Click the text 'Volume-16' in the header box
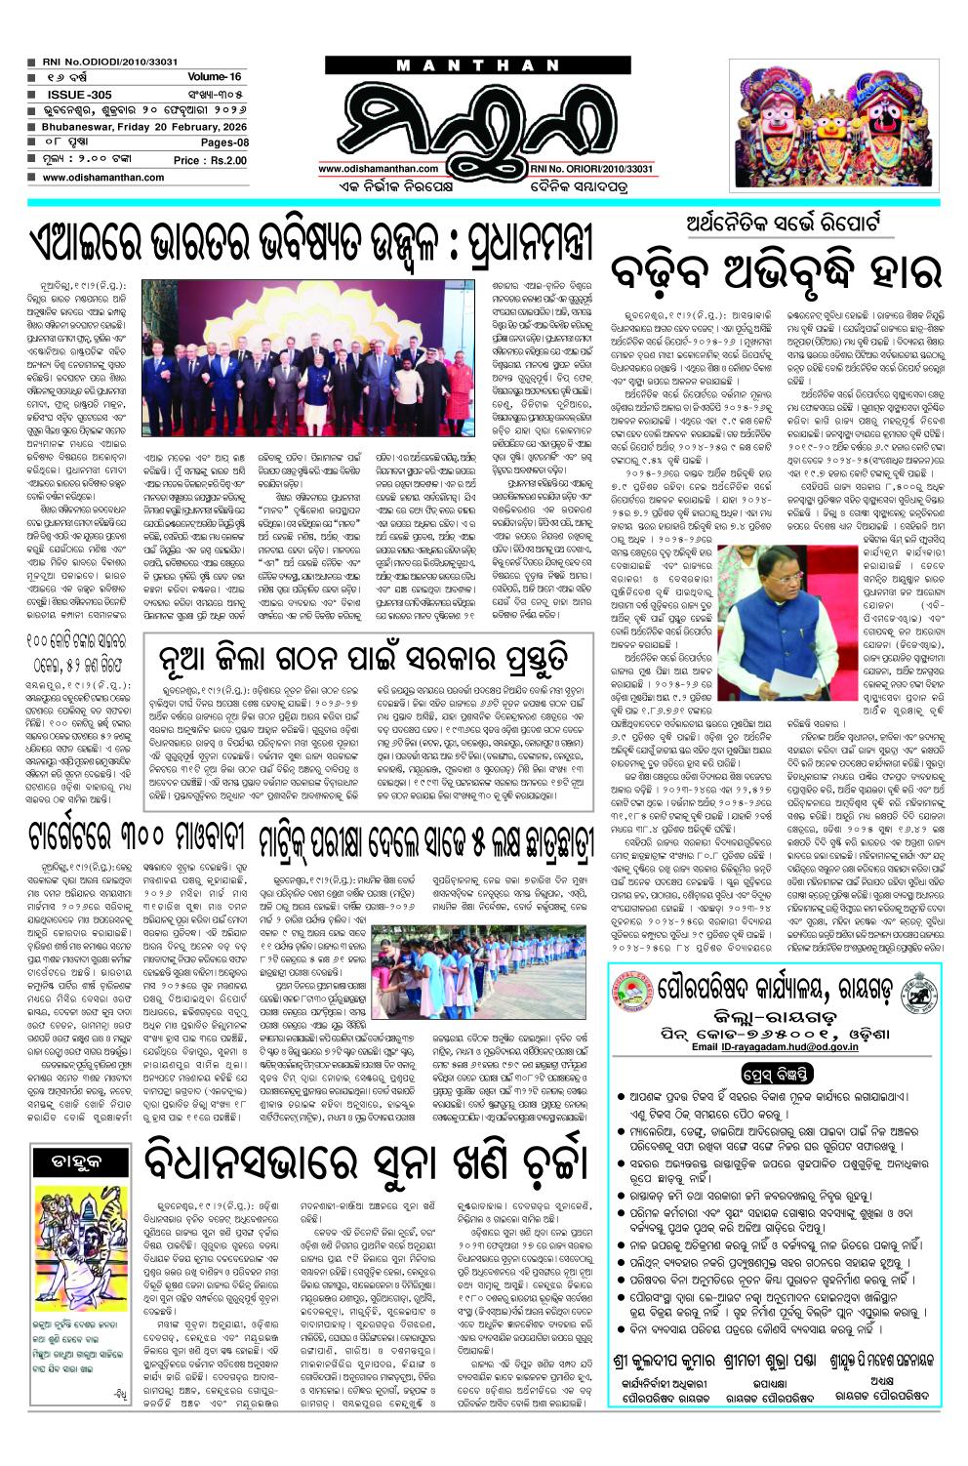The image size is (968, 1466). point(214,76)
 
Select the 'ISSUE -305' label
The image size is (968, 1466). point(79,94)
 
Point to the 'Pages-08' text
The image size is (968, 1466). point(224,143)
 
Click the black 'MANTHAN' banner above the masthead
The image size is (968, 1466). point(477,65)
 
